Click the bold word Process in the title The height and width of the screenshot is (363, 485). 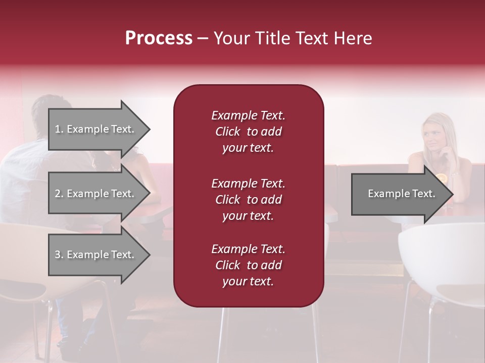pyautogui.click(x=159, y=38)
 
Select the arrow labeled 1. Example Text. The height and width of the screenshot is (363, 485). pyautogui.click(x=94, y=129)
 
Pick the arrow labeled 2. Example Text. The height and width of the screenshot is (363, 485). pyautogui.click(x=94, y=194)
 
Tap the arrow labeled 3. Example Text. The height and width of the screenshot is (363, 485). pyautogui.click(x=94, y=255)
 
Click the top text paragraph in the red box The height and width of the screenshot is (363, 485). pyautogui.click(x=248, y=132)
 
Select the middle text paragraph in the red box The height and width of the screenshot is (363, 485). pyautogui.click(x=248, y=200)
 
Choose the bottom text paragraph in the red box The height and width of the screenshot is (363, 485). pyautogui.click(x=248, y=265)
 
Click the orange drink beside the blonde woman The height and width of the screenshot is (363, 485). pyautogui.click(x=441, y=178)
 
